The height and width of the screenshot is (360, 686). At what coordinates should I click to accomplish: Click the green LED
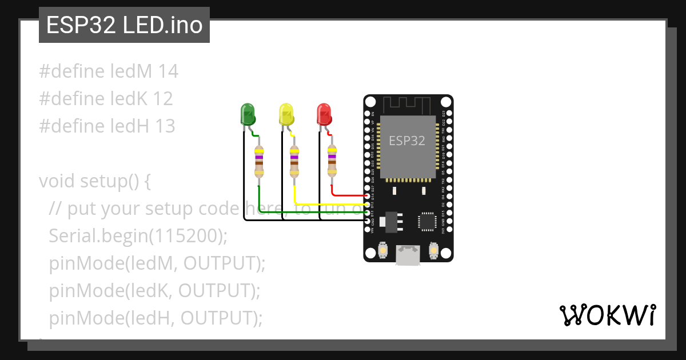click(248, 114)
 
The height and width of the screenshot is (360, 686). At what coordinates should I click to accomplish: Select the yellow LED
click(286, 114)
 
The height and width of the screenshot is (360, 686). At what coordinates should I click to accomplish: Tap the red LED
click(324, 114)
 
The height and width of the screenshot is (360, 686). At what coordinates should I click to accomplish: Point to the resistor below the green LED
click(259, 162)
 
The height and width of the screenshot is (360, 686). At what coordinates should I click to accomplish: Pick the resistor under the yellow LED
click(294, 162)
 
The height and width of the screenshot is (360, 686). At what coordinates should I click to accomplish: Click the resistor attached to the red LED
click(332, 162)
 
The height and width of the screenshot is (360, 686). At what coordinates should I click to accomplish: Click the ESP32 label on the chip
click(407, 140)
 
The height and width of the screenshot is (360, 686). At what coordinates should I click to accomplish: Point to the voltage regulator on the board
click(390, 221)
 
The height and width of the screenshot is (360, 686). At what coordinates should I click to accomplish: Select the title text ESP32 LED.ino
click(124, 26)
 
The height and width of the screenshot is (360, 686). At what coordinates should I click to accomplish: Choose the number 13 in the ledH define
click(165, 126)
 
